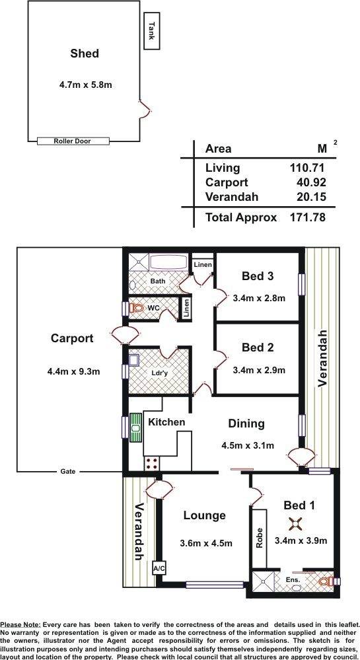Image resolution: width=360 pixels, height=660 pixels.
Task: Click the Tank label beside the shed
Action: click(x=152, y=31)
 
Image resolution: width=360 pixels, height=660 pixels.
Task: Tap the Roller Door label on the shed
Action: click(x=73, y=141)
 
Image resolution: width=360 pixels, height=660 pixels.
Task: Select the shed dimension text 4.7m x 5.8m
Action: click(x=85, y=85)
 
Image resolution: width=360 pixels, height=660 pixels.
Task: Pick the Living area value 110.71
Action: click(x=307, y=168)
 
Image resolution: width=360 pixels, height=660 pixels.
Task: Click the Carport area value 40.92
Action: click(x=311, y=182)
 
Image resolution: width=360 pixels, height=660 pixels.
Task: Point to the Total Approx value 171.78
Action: click(x=307, y=217)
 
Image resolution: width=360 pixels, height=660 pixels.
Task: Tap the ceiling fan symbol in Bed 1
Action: click(x=295, y=524)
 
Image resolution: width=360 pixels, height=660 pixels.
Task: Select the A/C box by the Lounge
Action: click(x=159, y=568)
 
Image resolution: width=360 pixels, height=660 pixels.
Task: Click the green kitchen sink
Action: click(x=135, y=428)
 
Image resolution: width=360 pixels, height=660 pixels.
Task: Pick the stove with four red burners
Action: click(x=153, y=463)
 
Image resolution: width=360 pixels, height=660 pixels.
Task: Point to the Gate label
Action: click(x=68, y=472)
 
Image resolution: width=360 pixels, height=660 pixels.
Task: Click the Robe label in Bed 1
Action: click(x=260, y=538)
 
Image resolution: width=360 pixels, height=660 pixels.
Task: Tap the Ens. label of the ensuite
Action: click(x=293, y=579)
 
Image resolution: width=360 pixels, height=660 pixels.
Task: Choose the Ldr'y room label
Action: click(x=159, y=373)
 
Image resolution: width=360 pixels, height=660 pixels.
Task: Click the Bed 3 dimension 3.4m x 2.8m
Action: click(x=259, y=298)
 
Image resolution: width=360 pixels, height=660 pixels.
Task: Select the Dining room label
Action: click(x=246, y=424)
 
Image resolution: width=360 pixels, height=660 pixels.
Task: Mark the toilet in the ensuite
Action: click(x=326, y=581)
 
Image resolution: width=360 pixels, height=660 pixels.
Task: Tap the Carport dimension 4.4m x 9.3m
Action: click(x=74, y=371)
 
